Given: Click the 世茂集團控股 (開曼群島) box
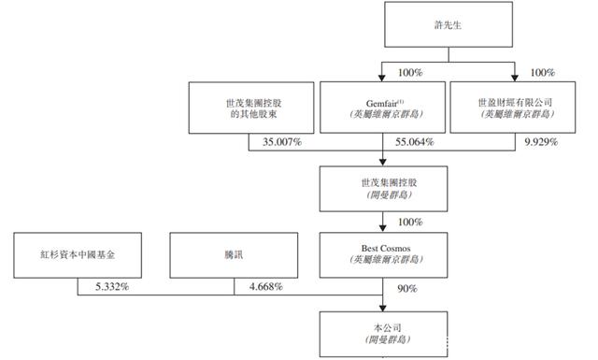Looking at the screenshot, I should [x=383, y=188].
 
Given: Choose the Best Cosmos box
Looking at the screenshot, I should [x=383, y=254].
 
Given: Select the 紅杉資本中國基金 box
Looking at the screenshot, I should [x=78, y=254].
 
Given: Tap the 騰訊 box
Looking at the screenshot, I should [x=234, y=254].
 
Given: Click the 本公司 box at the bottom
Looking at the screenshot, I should [x=383, y=334].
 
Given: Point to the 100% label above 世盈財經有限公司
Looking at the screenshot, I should [x=544, y=71].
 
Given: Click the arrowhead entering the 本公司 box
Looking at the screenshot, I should [x=383, y=308].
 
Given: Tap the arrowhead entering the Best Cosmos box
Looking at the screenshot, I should [x=383, y=228].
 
